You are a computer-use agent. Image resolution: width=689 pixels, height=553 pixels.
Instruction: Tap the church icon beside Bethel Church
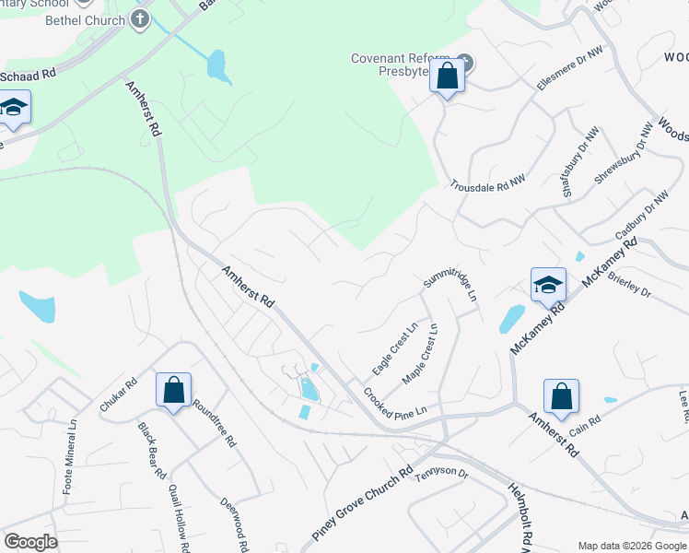click(140, 19)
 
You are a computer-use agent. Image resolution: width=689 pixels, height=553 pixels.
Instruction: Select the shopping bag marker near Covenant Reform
click(447, 76)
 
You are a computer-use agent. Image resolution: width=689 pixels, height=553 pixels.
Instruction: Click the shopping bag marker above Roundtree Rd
click(173, 391)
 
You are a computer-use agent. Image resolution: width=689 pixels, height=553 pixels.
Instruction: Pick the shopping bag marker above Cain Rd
click(561, 398)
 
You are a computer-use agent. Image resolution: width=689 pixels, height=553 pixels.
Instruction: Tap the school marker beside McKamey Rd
click(548, 286)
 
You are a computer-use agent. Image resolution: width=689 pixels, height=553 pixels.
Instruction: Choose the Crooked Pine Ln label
click(396, 406)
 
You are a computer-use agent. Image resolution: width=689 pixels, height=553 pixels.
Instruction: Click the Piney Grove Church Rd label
click(362, 503)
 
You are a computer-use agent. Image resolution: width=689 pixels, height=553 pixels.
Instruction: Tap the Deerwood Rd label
click(234, 524)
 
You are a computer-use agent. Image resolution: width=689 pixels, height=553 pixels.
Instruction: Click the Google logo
click(30, 542)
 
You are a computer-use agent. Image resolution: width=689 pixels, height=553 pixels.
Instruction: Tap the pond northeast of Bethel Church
click(216, 64)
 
